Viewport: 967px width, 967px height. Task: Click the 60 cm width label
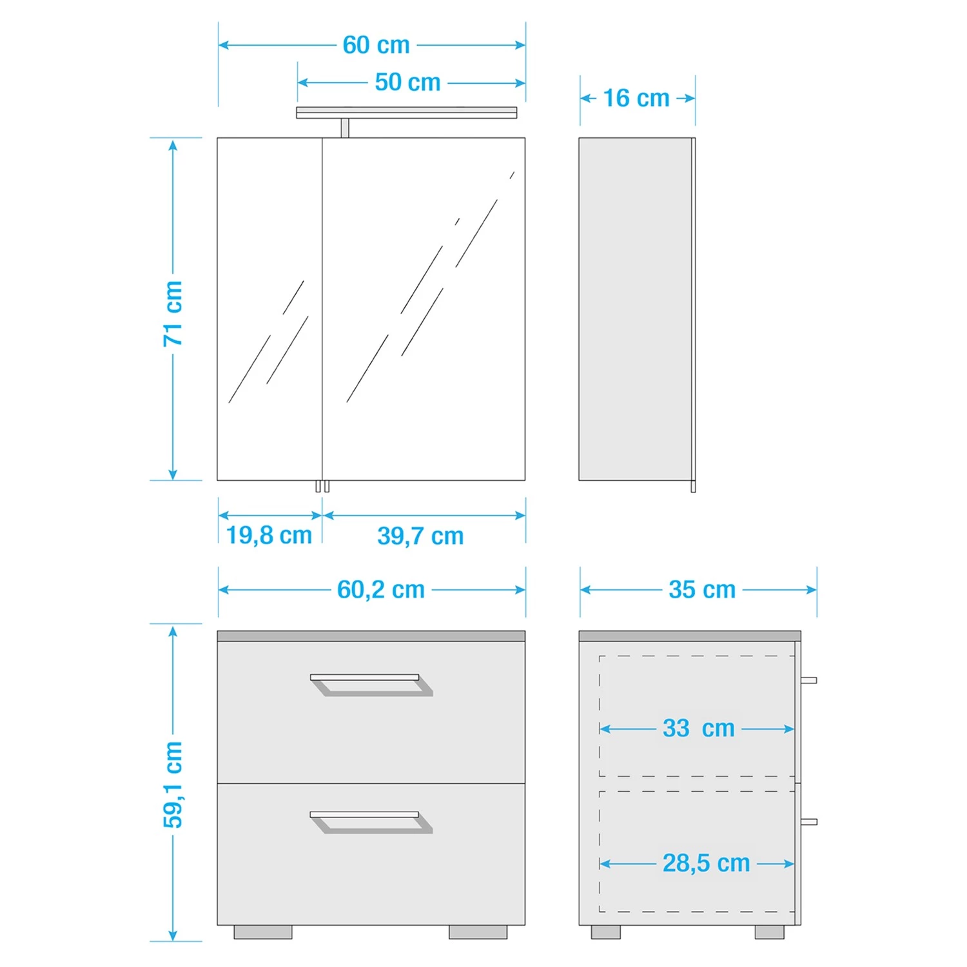point(376,45)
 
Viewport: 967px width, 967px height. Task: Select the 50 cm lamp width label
point(407,83)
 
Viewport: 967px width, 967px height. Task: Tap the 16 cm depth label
point(636,99)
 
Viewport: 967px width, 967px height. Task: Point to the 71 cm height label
point(173,313)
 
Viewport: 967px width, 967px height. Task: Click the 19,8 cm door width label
point(269,535)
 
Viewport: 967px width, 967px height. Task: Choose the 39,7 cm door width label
point(420,536)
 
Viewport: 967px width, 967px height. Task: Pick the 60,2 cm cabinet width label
point(381,590)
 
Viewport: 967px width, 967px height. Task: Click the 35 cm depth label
point(702,590)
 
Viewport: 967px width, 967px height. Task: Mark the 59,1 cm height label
point(173,785)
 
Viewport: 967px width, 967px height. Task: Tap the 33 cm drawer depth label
point(699,728)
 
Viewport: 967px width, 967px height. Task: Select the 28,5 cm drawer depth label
point(706,863)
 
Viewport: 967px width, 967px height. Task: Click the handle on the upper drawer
point(371,685)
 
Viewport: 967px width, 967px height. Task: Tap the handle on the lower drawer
point(371,823)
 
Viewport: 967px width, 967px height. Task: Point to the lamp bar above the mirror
point(406,113)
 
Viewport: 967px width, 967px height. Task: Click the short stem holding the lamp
point(345,128)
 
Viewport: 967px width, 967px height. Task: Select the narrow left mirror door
point(269,309)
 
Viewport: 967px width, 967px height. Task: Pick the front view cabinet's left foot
point(263,932)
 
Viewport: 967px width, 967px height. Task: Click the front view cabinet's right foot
point(478,932)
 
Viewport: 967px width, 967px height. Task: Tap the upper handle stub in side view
point(808,680)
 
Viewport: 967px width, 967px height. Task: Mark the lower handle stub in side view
point(808,822)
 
